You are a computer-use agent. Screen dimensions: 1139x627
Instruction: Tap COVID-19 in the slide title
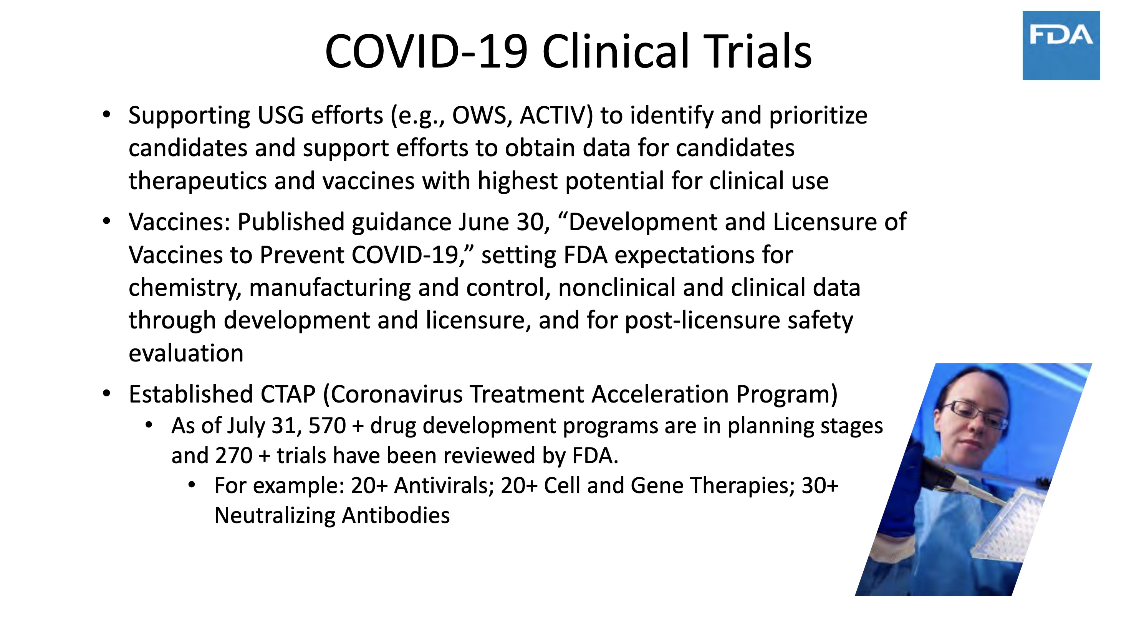pyautogui.click(x=426, y=51)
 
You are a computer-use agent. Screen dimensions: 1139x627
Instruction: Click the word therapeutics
pyautogui.click(x=198, y=181)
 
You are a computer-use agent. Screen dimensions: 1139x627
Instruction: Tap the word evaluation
pyautogui.click(x=186, y=353)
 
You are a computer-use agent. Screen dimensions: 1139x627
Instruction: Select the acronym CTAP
pyautogui.click(x=288, y=394)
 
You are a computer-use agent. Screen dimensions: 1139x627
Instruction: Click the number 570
pyautogui.click(x=327, y=426)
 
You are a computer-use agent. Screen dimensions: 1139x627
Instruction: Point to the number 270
pyautogui.click(x=233, y=455)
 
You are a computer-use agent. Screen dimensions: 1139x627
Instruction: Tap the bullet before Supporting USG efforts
pyautogui.click(x=106, y=114)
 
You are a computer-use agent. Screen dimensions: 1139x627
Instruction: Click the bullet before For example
pyautogui.click(x=192, y=485)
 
